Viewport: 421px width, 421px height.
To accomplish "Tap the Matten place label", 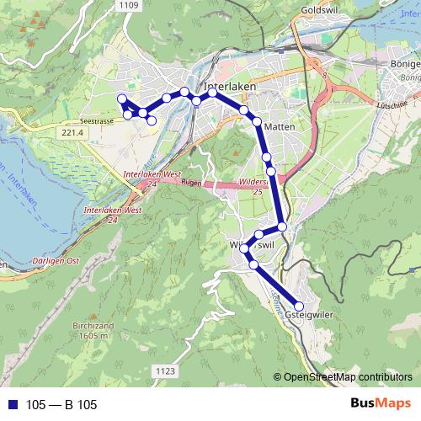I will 278,126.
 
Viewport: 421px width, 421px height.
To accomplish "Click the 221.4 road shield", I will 73,133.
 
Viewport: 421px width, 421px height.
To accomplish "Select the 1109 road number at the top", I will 129,6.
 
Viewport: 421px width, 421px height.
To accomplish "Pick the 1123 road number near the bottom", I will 165,370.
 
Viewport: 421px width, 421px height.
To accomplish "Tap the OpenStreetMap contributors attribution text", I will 348,376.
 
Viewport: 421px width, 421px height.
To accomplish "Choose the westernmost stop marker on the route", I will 121,99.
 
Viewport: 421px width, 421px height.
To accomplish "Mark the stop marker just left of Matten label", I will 257,122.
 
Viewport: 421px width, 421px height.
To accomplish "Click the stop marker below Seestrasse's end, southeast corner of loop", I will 152,121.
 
